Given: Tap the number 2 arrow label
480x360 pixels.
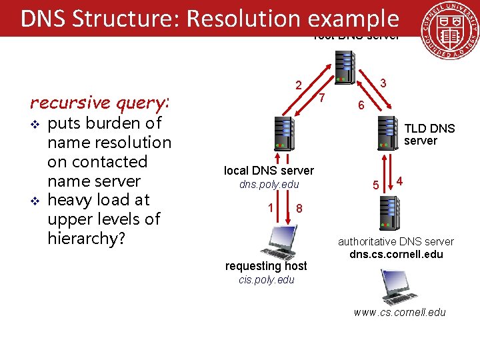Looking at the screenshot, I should pos(299,85).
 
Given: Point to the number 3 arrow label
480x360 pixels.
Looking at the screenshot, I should pos(383,83).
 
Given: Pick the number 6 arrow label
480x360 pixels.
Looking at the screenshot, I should pos(360,105).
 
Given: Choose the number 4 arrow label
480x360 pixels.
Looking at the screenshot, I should pos(399,181).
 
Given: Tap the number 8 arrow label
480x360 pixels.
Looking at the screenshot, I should pos(299,209).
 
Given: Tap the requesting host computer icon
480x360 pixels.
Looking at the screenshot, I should pos(279,242).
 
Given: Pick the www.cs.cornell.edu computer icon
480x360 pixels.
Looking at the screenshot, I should pos(399,287).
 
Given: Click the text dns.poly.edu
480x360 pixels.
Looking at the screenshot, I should pos(269,185).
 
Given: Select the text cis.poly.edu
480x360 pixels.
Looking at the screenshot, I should pos(266,280).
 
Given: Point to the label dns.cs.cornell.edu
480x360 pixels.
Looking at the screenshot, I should pos(396,254).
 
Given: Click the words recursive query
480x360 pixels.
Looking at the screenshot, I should pos(99,103).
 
